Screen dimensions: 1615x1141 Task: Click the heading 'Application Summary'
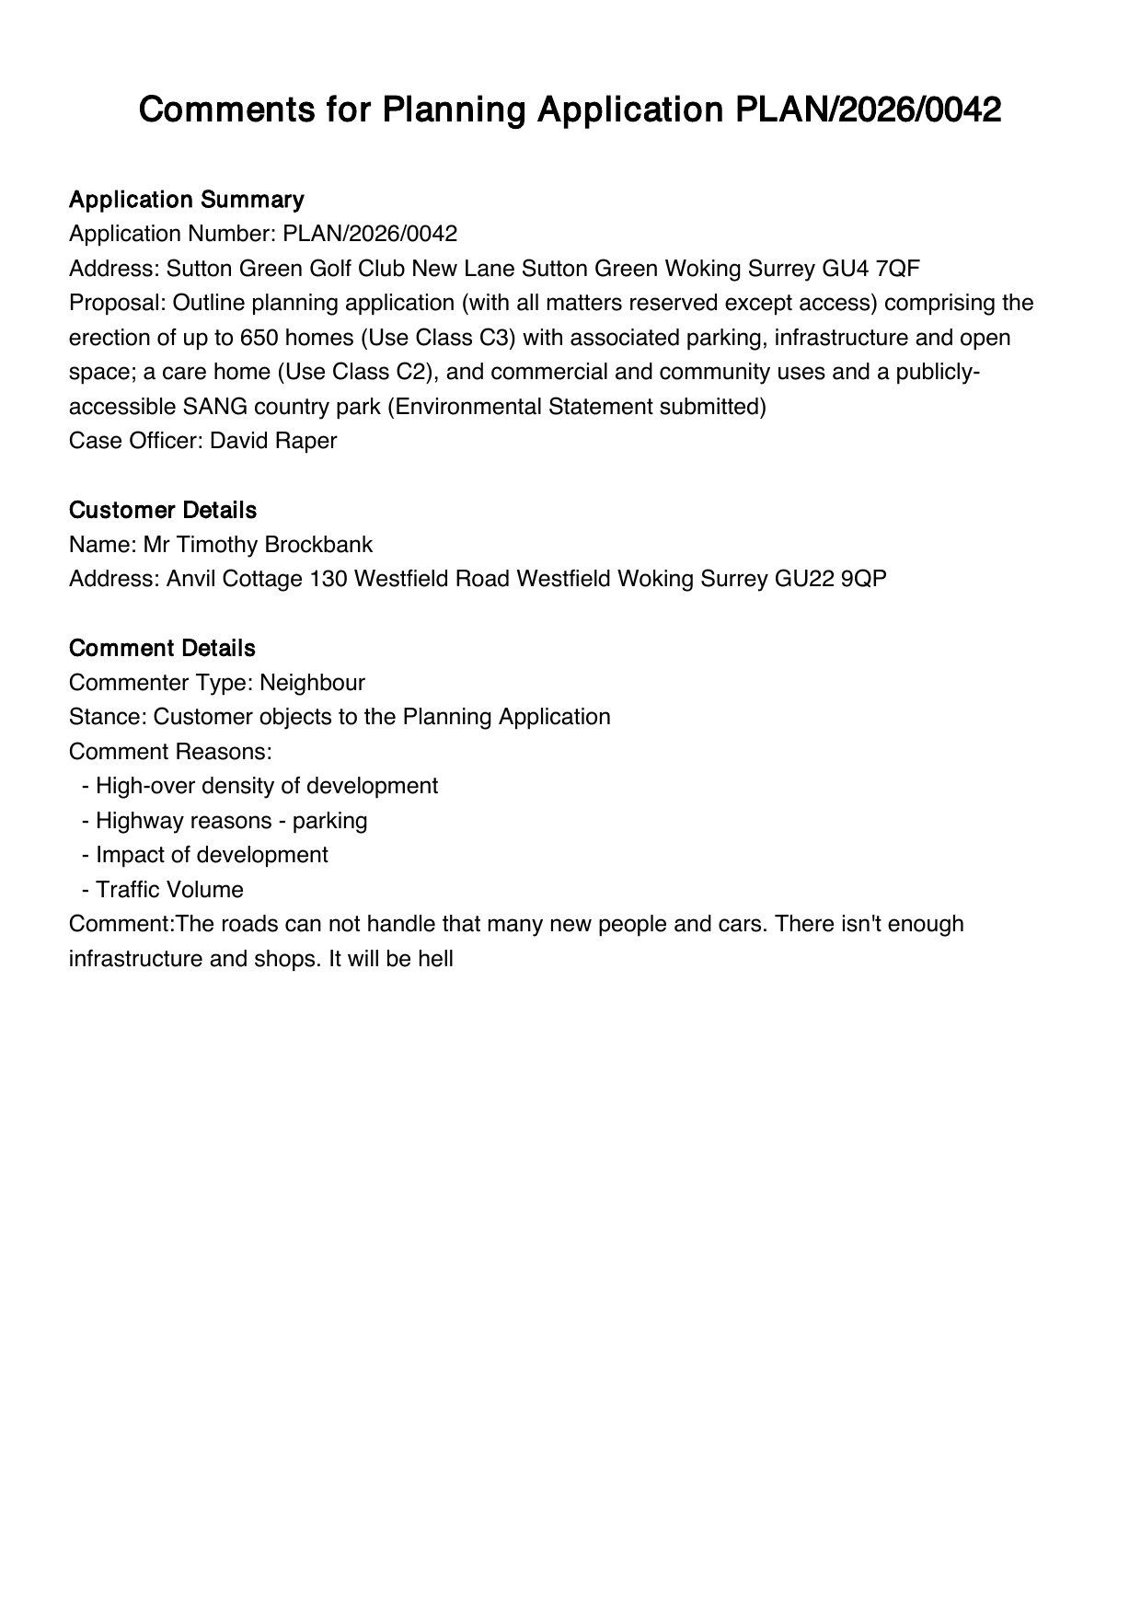(186, 200)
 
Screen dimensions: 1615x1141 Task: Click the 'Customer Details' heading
(162, 510)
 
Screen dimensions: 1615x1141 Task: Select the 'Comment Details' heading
(162, 648)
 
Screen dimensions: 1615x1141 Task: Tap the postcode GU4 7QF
(870, 269)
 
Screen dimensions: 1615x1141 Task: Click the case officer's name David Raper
(273, 441)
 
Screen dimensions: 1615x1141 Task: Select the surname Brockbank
(318, 545)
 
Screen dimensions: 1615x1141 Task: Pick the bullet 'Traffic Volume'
(169, 890)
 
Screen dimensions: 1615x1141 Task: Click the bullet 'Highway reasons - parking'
(231, 821)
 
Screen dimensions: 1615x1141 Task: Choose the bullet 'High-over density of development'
(266, 786)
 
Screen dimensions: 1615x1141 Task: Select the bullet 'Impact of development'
(212, 855)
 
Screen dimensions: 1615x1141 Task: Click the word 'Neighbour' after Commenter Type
(312, 683)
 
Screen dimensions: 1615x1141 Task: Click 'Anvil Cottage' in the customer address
(235, 579)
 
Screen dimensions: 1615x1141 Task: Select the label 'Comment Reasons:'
(170, 752)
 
